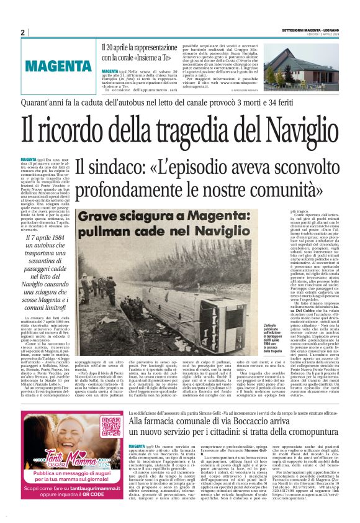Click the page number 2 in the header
click(23, 32)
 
